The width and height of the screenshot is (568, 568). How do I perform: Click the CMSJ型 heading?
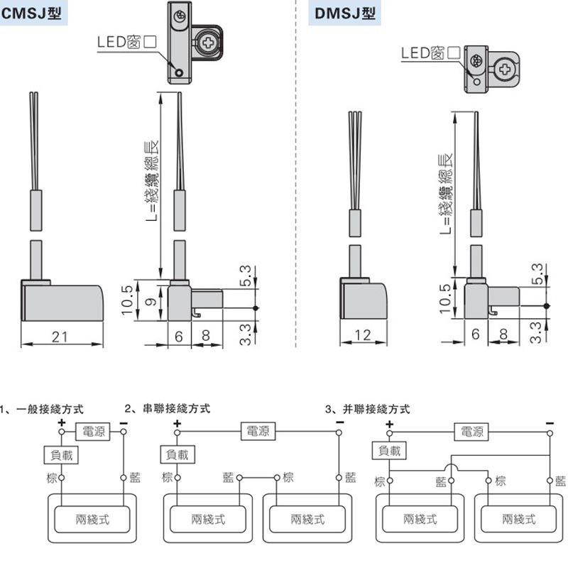tap(31, 12)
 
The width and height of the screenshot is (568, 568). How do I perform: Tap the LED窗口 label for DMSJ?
tap(431, 53)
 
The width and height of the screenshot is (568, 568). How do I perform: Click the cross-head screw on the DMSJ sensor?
tap(506, 70)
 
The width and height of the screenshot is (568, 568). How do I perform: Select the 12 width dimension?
tap(362, 335)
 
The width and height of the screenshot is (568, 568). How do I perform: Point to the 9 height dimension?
tap(148, 301)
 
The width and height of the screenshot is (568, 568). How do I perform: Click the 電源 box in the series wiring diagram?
tap(257, 430)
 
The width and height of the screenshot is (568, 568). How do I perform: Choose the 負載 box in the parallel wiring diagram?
tap(389, 450)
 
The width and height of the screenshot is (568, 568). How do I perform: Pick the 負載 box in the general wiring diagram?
tap(60, 453)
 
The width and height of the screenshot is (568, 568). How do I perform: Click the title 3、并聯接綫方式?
tap(367, 409)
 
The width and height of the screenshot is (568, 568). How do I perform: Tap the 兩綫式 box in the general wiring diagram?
tap(92, 519)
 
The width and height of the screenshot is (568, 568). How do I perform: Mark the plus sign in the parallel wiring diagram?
tap(388, 425)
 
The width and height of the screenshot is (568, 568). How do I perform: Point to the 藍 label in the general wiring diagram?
tap(134, 477)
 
